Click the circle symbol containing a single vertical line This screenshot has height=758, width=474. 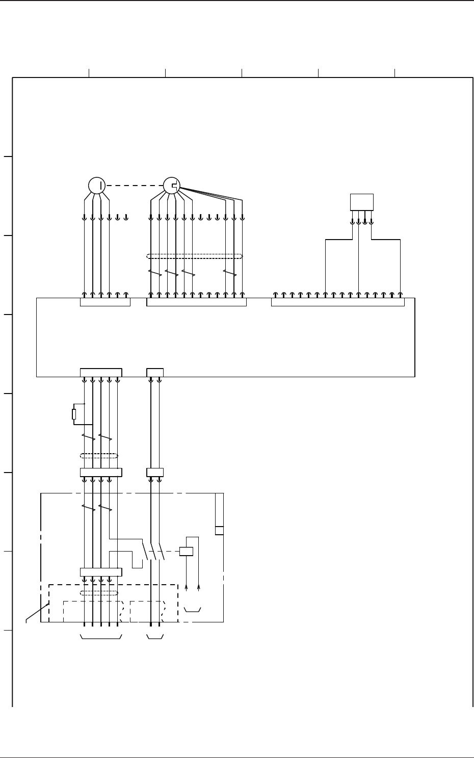pyautogui.click(x=96, y=186)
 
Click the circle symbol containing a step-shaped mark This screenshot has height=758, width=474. pyautogui.click(x=171, y=186)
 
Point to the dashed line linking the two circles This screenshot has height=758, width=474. pyautogui.click(x=134, y=186)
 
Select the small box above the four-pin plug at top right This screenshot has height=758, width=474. pyautogui.click(x=362, y=202)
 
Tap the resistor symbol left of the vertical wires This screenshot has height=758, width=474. pyautogui.click(x=74, y=414)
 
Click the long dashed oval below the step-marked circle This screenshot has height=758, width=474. pyautogui.click(x=194, y=256)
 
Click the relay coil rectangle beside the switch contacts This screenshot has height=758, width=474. pyautogui.click(x=186, y=551)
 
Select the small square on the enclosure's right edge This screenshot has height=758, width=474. pyautogui.click(x=219, y=530)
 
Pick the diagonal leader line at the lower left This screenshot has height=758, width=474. pyautogui.click(x=37, y=612)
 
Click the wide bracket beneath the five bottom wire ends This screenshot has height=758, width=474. pyautogui.click(x=101, y=637)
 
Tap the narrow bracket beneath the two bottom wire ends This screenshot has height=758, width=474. pyautogui.click(x=155, y=637)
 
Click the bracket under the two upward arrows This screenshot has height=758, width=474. pyautogui.click(x=192, y=609)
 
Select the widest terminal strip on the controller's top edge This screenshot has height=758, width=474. pyautogui.click(x=337, y=302)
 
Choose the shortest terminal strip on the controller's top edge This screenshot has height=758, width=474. pyautogui.click(x=105, y=302)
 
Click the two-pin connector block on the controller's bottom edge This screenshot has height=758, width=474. pyautogui.click(x=155, y=371)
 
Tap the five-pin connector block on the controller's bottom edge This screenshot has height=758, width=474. pyautogui.click(x=101, y=371)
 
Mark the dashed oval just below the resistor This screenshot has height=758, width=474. pyautogui.click(x=99, y=455)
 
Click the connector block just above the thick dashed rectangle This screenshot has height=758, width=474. pyautogui.click(x=101, y=572)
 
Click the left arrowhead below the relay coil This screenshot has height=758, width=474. pyautogui.click(x=187, y=588)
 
